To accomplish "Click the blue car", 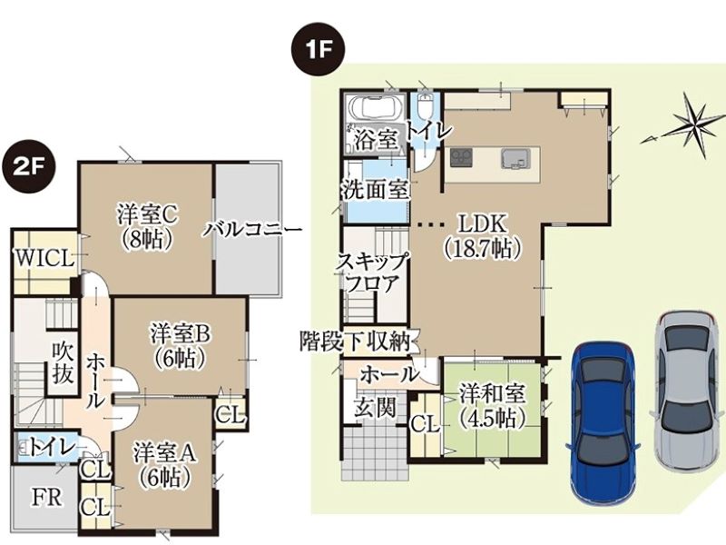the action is [603, 422].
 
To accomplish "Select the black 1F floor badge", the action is [319, 50].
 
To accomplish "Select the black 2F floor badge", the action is [29, 168].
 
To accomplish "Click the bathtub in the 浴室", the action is [376, 108].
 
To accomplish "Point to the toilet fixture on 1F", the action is [424, 108].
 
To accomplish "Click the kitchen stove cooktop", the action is [461, 157].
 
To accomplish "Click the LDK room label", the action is [483, 236].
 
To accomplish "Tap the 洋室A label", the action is [165, 464].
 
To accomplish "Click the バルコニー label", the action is [254, 229].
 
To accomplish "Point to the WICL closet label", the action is [44, 259].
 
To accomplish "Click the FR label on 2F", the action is [46, 498].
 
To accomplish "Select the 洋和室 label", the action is [492, 406].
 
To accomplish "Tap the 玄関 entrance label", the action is [376, 409].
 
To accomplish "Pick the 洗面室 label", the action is [376, 189].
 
